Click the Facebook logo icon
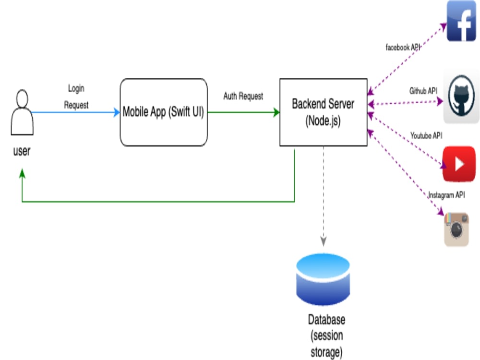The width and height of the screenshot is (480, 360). point(461,21)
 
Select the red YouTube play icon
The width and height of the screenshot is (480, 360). point(459,164)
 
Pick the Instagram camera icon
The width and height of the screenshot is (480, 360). point(456,229)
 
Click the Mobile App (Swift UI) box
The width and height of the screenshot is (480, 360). point(164,112)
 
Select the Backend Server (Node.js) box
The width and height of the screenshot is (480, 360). point(323,112)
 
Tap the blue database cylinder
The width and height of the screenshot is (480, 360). point(323,279)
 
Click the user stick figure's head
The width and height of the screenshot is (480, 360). point(22,98)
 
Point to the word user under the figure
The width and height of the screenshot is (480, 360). point(22,151)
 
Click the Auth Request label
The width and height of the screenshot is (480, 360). point(243,96)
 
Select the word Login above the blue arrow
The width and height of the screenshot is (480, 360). point(76,88)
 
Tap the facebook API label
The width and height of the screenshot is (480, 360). point(403,47)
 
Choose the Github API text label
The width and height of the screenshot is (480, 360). point(423,91)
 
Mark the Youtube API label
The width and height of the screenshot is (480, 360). point(426,135)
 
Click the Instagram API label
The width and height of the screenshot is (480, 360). point(446,195)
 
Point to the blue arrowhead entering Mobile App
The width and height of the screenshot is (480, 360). point(116,112)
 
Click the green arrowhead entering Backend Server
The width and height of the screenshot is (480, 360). point(276,112)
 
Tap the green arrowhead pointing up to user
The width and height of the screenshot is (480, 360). point(22,173)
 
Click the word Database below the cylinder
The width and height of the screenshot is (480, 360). point(326,320)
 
